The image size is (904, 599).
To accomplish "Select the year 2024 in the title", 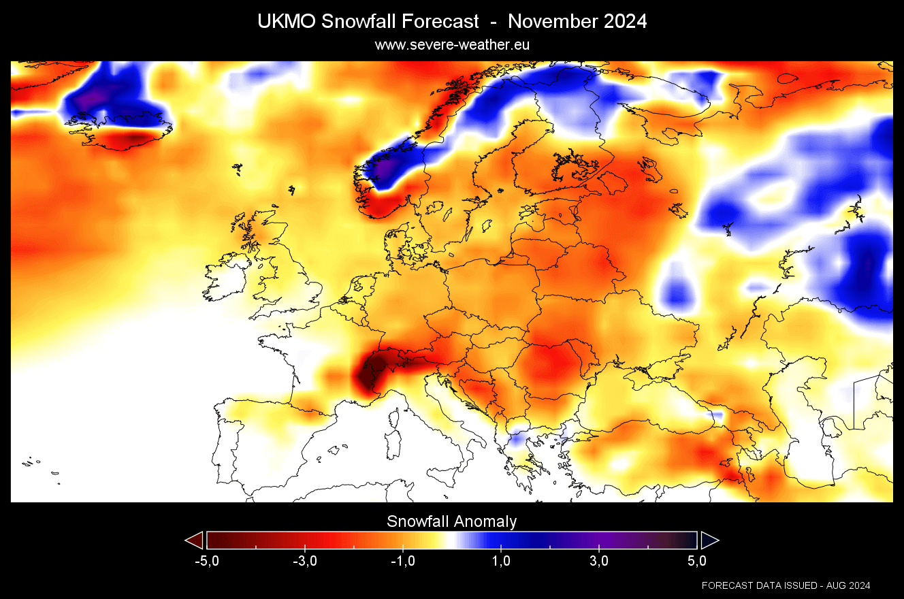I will pos(624,21).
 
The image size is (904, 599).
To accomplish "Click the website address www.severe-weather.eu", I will pos(452,44).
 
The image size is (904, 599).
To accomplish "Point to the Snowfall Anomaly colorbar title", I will pos(452,521).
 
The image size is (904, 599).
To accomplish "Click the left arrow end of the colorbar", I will pos(195,540).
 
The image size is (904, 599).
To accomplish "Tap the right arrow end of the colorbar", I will pos(709,540).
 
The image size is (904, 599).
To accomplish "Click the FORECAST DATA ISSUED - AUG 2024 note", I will pos(786,585).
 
